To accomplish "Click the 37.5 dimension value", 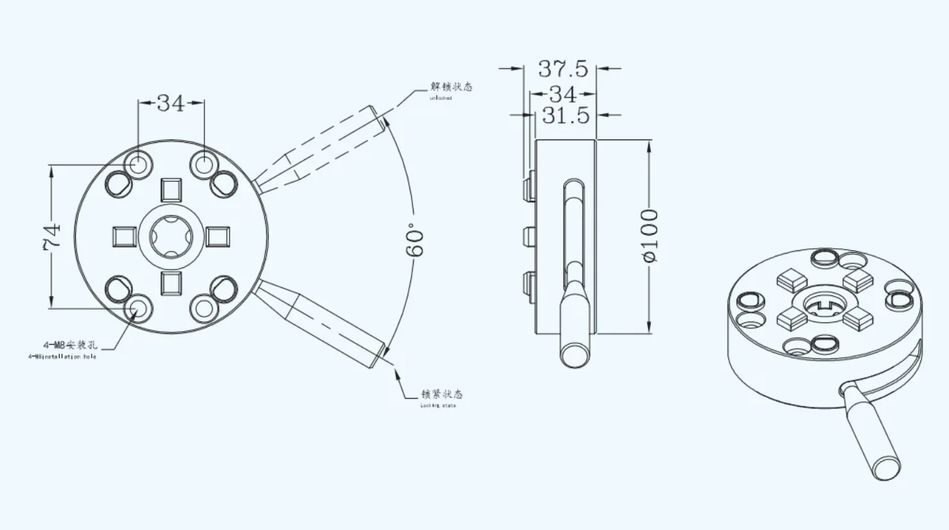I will pos(563,68).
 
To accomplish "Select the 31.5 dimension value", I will pos(565,116).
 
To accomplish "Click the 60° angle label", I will pos(415,239).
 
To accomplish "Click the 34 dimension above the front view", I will pos(171,103).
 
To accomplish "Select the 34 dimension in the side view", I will pos(563,93).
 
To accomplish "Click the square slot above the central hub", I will pos(171,189).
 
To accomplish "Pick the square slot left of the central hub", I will pos(124,237).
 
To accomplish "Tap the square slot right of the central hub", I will pos(217,237).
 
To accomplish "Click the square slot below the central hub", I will pos(171,282).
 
